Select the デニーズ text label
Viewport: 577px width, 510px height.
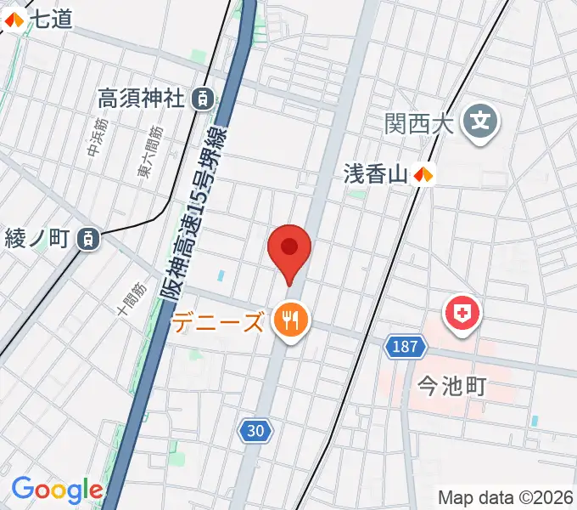[218, 323]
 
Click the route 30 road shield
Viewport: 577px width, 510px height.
[255, 431]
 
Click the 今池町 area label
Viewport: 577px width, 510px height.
[452, 387]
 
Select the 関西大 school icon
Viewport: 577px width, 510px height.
[481, 125]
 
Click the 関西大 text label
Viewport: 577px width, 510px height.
[415, 124]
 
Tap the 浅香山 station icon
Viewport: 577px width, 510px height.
[423, 175]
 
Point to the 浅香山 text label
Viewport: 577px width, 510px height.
[376, 174]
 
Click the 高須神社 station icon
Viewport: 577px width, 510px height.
[203, 99]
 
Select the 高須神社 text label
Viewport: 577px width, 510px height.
[141, 99]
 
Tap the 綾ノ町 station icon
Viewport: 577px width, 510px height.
[88, 239]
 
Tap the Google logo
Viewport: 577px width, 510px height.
[57, 490]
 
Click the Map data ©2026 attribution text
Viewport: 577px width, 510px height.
[505, 497]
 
